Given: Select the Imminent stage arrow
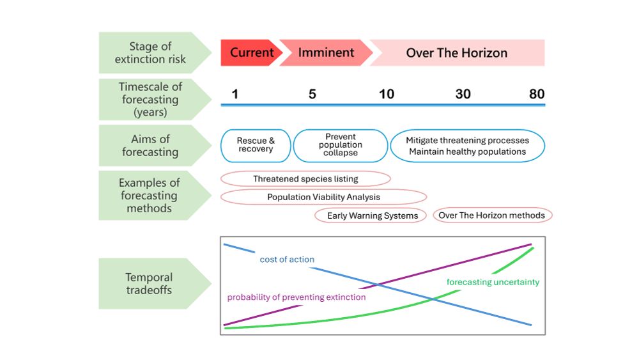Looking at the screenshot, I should (x=326, y=52).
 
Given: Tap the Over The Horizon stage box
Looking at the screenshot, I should (x=457, y=52).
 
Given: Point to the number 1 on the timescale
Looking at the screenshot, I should (x=235, y=94).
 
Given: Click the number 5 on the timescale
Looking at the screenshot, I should (x=312, y=94).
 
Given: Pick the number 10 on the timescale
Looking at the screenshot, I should (x=386, y=94).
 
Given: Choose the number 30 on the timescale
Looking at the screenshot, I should (x=463, y=94).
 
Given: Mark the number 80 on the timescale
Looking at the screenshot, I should (x=537, y=94).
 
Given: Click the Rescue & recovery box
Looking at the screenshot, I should (x=256, y=145).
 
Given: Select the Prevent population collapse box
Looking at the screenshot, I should (x=341, y=145).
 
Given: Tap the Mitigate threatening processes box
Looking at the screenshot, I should (x=467, y=146).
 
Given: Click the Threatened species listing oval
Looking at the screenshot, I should (x=305, y=179).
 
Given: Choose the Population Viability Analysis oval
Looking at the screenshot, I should (x=323, y=197).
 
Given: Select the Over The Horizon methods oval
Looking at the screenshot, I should (x=492, y=215).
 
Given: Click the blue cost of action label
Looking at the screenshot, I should (x=287, y=260).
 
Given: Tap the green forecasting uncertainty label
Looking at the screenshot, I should (x=493, y=282).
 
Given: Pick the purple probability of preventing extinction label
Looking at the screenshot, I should (x=296, y=297).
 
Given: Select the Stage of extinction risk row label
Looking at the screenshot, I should (x=150, y=52).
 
